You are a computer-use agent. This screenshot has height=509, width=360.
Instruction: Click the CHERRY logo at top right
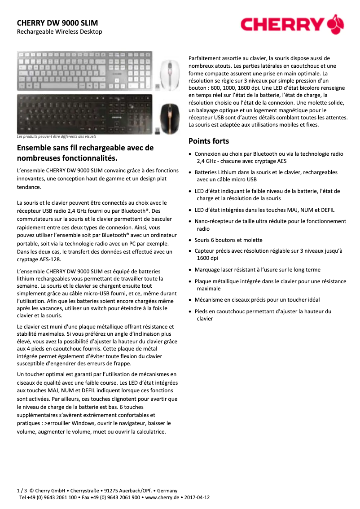tap(292, 24)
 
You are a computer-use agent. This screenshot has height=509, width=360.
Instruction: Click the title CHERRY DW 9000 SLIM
tap(57, 22)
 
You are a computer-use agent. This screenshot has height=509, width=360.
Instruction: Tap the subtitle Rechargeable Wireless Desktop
tap(59, 32)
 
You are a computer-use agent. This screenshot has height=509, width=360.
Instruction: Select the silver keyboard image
tap(85, 70)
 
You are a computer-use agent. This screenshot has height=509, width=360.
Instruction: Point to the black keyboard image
tap(85, 114)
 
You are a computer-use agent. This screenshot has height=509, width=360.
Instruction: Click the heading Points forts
tap(209, 141)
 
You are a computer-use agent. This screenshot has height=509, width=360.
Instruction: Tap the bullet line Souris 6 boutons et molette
tap(228, 240)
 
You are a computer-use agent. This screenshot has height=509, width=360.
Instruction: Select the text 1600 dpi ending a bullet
tap(207, 258)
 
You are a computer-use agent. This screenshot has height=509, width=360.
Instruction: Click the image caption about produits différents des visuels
tap(56, 136)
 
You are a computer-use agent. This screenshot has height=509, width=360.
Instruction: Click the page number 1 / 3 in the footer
tap(22, 491)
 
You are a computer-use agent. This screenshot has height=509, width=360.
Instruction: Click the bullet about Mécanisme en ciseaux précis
tap(257, 300)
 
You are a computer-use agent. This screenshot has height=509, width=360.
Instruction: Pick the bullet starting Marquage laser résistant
tap(258, 270)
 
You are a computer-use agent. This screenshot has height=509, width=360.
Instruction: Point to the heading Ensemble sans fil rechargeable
tap(85, 153)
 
